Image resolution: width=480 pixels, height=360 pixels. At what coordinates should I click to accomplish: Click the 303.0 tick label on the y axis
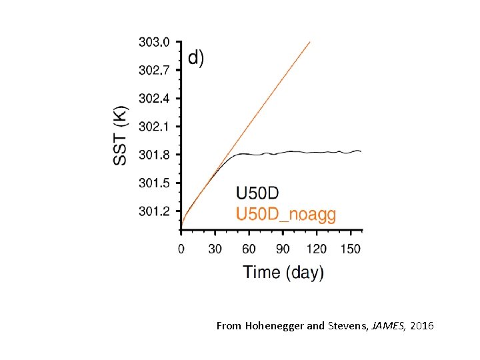(154, 43)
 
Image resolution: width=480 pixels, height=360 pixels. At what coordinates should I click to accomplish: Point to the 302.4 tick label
(154, 99)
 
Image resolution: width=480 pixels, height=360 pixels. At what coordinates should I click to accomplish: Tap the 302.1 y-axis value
(154, 127)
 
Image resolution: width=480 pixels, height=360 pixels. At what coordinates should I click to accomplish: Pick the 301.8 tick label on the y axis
(154, 155)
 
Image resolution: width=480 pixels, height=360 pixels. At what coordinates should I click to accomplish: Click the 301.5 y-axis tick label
(154, 183)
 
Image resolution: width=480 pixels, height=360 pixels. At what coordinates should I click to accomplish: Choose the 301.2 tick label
(154, 211)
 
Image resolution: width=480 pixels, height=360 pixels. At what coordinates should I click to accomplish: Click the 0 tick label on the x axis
(181, 249)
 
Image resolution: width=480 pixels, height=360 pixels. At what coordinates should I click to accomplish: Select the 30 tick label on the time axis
(215, 249)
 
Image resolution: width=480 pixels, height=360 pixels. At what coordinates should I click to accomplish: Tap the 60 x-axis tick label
(249, 249)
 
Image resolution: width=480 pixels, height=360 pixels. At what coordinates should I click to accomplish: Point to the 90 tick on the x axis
(283, 249)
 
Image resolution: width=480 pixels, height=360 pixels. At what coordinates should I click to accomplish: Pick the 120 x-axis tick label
(317, 249)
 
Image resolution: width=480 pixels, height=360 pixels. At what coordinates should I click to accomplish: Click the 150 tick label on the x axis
(351, 249)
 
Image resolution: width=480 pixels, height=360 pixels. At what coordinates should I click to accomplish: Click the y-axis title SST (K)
(121, 135)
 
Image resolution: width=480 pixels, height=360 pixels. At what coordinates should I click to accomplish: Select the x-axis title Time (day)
(283, 272)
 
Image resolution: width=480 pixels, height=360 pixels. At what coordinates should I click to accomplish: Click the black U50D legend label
(257, 193)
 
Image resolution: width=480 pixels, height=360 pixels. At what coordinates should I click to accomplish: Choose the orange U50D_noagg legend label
(286, 214)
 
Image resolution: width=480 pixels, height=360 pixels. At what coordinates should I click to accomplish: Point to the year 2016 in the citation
(422, 326)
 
